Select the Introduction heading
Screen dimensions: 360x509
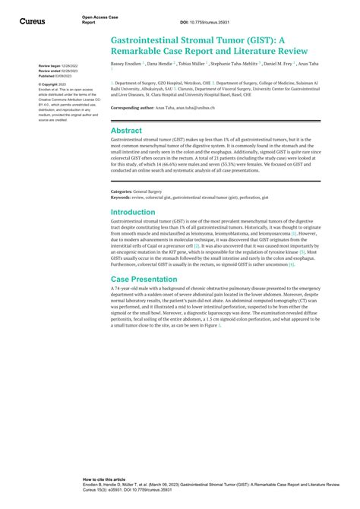[x=134, y=212]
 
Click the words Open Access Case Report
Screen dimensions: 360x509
[x=100, y=17]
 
